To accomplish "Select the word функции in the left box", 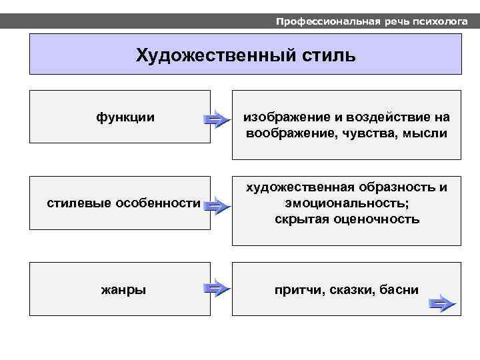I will click(x=126, y=117).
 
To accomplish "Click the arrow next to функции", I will click(x=216, y=119).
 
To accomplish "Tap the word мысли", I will click(x=424, y=133).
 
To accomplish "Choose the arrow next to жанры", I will click(x=216, y=289).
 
